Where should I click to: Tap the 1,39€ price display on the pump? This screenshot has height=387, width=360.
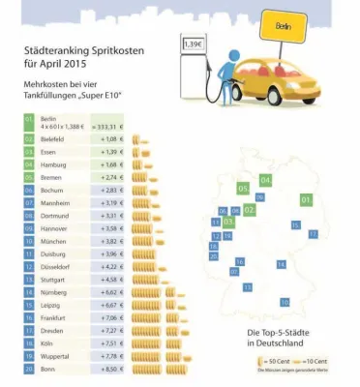(194, 45)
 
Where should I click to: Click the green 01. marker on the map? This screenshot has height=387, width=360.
(307, 199)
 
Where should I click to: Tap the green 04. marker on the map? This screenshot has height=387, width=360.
(265, 181)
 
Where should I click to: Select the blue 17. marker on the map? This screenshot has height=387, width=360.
(313, 233)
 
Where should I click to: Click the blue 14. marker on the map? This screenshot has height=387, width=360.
(282, 263)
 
